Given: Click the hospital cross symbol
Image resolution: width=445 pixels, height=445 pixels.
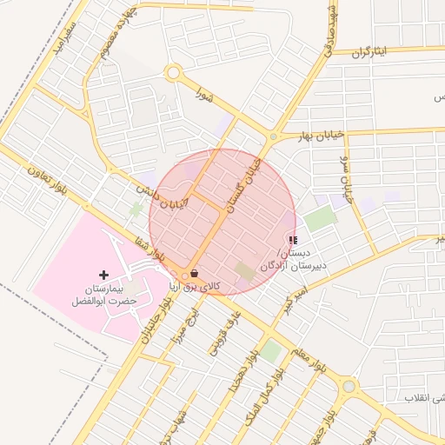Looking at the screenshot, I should coord(104,275).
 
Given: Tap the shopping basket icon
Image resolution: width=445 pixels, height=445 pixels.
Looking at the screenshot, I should coord(193,271).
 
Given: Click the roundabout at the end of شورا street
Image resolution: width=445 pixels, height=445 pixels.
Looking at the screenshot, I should coord(172,74).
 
